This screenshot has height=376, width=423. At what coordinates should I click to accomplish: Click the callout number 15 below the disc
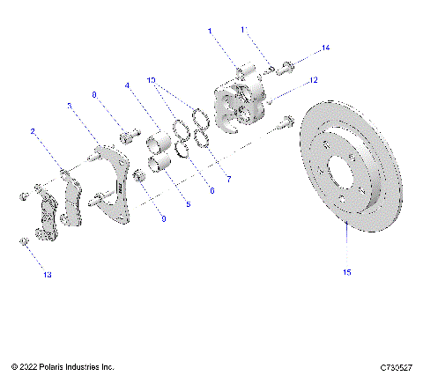click(347, 272)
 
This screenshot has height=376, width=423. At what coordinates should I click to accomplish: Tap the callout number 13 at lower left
click(46, 275)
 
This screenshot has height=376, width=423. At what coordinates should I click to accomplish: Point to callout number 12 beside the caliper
click(312, 81)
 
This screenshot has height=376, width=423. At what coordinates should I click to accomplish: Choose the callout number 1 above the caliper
click(211, 31)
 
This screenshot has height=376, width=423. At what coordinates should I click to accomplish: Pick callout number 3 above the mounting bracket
click(70, 106)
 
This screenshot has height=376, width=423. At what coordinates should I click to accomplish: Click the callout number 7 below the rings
click(228, 179)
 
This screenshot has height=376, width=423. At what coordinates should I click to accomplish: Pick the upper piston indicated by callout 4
click(160, 141)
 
